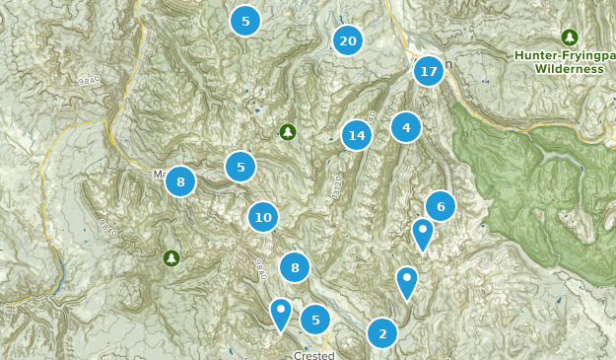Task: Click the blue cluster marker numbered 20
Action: coord(347,40)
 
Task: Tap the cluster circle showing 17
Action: coord(428,71)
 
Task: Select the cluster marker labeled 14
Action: coord(357,135)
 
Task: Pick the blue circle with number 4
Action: coord(406,127)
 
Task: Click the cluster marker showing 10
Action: coord(263,217)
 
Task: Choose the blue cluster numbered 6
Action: coord(441,206)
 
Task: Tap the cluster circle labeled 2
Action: coord(382,333)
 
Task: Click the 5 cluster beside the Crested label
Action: coord(315,319)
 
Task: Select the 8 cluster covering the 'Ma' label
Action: coord(180,181)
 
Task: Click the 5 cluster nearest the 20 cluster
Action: coord(245,21)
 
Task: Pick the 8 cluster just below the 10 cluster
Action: coord(295,266)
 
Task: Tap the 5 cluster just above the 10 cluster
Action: coord(240,167)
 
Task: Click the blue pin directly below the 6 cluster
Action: coord(422,234)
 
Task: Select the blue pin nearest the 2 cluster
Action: coord(407,282)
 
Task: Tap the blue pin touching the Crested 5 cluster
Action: coord(281,313)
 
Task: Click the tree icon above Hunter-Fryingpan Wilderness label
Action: coord(569,36)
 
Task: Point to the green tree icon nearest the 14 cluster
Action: coord(288,131)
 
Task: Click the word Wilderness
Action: coord(569,69)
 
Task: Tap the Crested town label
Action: coord(314,355)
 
